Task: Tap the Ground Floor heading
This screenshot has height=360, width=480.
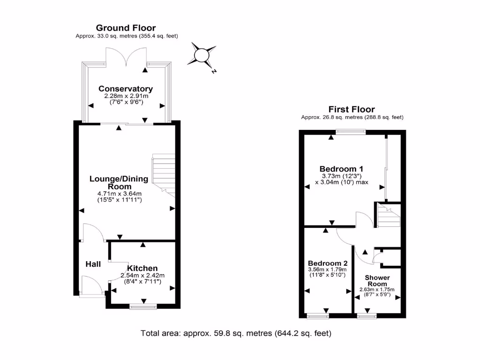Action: [x=126, y=28]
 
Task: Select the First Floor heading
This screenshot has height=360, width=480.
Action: [x=352, y=110]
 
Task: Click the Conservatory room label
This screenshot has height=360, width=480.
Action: [x=125, y=89]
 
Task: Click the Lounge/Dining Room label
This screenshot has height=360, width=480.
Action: [x=119, y=182]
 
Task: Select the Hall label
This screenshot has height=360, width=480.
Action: [x=93, y=264]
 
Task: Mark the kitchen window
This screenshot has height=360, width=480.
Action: [x=143, y=307]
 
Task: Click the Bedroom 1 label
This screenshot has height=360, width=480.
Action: [x=341, y=169]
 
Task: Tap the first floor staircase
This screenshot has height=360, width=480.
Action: [x=388, y=217]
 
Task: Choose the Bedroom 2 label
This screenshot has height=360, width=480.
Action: [x=327, y=263]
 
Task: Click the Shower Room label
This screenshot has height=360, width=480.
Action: [x=377, y=281]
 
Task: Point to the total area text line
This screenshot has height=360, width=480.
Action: [x=236, y=334]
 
